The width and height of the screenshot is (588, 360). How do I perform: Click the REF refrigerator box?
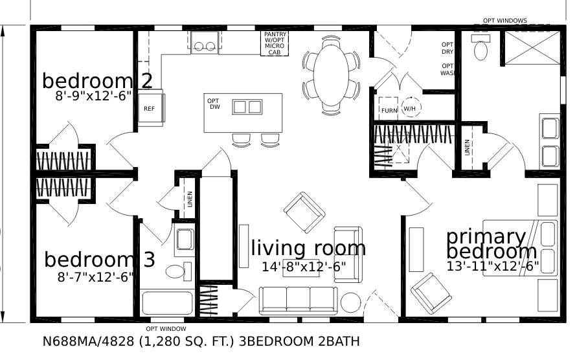150,109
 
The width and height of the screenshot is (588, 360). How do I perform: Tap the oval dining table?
331,74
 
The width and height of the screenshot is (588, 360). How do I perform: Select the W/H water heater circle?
410,109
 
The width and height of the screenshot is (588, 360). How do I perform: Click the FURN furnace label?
389,110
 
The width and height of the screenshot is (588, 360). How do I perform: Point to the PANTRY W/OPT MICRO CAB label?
275,43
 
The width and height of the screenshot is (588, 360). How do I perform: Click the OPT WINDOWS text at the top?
504,21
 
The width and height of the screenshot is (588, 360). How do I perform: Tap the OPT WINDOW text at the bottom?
166,328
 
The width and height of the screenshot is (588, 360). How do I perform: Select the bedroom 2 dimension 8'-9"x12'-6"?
93,95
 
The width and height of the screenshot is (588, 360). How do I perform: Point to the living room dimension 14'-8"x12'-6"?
304,266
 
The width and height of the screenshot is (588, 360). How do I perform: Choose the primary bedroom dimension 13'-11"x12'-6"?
493,266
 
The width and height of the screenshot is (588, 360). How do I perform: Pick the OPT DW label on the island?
214,104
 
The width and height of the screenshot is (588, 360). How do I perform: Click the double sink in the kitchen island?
247,107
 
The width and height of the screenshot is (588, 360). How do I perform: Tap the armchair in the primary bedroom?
431,293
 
